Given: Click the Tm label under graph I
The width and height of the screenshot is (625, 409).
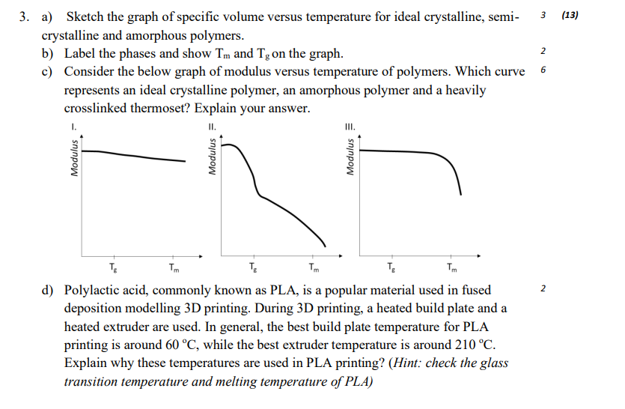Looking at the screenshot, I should point(174,267).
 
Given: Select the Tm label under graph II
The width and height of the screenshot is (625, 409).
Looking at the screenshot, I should point(313,267).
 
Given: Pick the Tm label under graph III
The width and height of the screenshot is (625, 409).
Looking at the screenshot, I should point(451,267).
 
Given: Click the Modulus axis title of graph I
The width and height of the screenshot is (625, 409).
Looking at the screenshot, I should point(74,158).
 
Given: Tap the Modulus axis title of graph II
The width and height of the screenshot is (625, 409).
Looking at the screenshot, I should point(213,158).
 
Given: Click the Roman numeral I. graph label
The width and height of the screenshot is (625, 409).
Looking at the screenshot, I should point(74,127).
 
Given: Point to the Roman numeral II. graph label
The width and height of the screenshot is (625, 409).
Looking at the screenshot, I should point(213,127).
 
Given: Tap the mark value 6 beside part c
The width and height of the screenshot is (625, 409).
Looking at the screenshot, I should point(542,70).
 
